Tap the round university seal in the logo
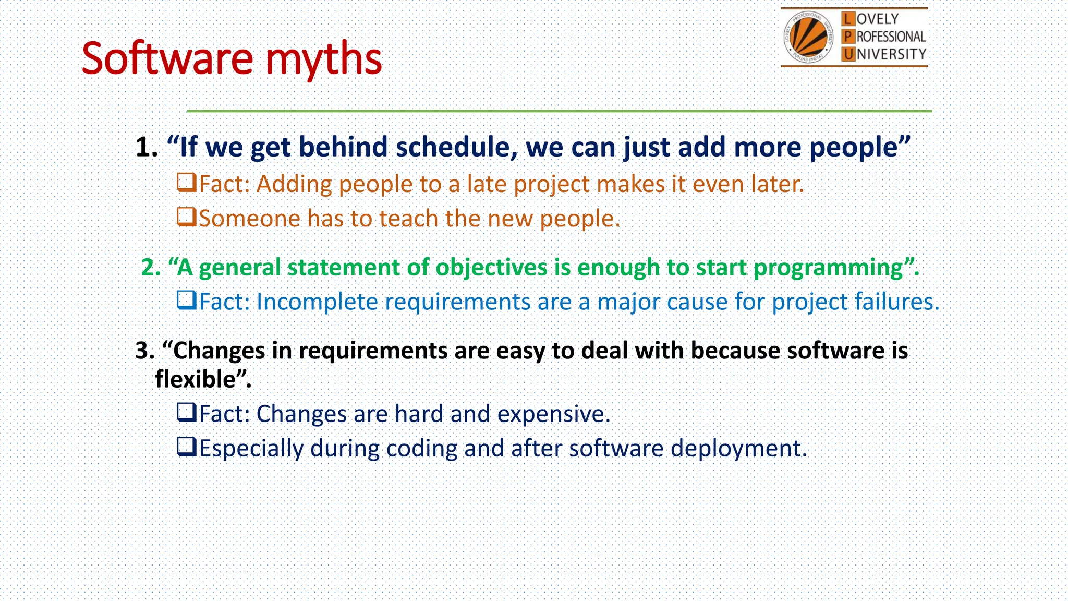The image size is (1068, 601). [x=808, y=37]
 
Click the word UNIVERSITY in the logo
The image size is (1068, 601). [x=891, y=54]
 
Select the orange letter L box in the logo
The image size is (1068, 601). [x=848, y=19]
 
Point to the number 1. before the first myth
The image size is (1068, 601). [x=147, y=147]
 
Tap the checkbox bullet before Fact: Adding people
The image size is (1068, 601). [x=186, y=183]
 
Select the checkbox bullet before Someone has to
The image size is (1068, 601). [x=186, y=217]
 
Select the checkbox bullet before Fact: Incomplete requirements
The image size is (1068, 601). [x=186, y=300]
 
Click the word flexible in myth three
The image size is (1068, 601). [x=196, y=379]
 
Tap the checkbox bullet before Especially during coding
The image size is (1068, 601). [x=186, y=447]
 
